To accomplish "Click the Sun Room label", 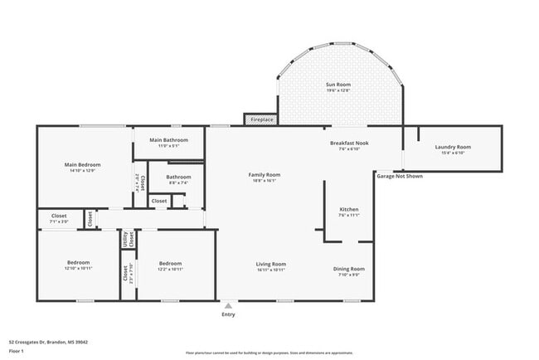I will tap(337, 85).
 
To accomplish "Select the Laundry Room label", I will tap(453, 148).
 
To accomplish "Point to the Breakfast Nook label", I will tap(349, 143).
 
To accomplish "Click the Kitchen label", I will tap(349, 209).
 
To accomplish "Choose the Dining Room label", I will tap(349, 269).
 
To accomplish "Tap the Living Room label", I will tap(271, 264).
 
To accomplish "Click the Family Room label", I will tap(265, 175).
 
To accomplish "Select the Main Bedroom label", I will tap(82, 164).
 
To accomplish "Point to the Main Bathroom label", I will tap(168, 140).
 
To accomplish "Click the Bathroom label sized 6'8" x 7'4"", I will tap(178, 177).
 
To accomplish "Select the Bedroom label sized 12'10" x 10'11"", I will tap(79, 264).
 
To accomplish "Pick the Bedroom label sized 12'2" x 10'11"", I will tap(170, 264).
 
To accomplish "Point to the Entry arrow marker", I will tap(228, 305).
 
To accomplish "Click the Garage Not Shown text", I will tap(400, 176).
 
